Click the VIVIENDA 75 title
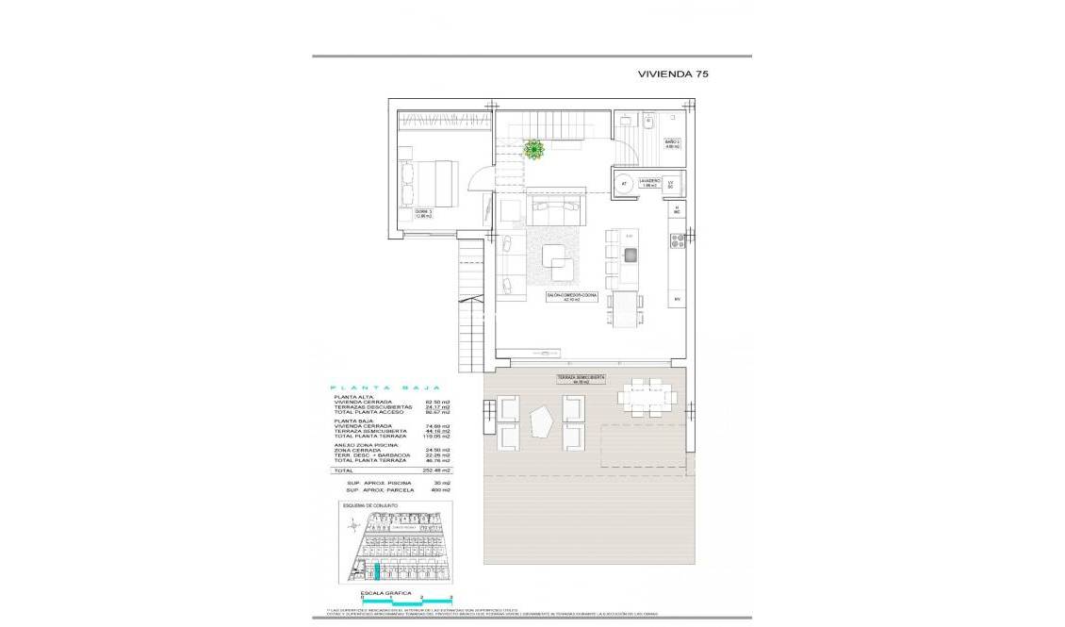[x=672, y=74]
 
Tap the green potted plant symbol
[x=534, y=149]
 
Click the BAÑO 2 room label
[x=672, y=145]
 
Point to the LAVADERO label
[x=648, y=182]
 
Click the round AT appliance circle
[x=623, y=185]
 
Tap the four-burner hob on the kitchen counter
[x=676, y=241]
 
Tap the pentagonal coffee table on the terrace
[x=541, y=423]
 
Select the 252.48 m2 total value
[x=436, y=470]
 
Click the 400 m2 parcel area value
[x=439, y=490]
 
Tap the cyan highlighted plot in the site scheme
[x=376, y=570]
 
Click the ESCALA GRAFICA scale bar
[x=406, y=599]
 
